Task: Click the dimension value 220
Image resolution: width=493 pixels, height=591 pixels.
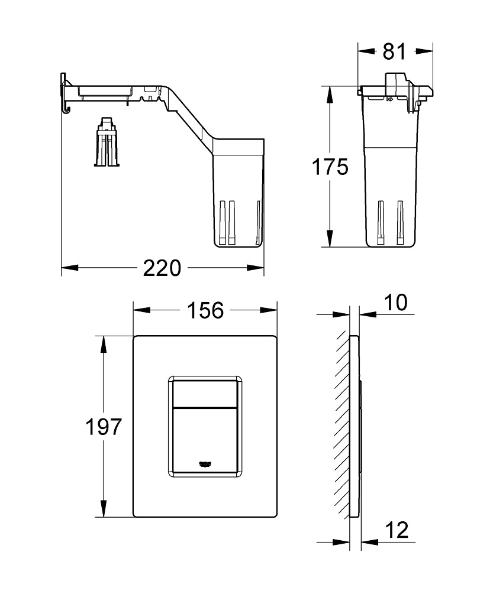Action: (x=162, y=269)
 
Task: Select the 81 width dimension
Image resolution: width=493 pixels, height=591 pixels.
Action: (x=394, y=51)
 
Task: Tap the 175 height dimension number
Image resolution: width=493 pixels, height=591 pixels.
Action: (x=330, y=167)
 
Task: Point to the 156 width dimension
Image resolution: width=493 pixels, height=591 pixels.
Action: (x=205, y=310)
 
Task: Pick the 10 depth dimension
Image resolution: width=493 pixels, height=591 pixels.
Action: (x=396, y=303)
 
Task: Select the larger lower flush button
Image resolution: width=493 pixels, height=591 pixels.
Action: (x=205, y=440)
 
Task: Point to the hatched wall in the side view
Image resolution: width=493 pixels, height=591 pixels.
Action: (x=342, y=423)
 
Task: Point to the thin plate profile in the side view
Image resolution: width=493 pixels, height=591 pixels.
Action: (x=355, y=426)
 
